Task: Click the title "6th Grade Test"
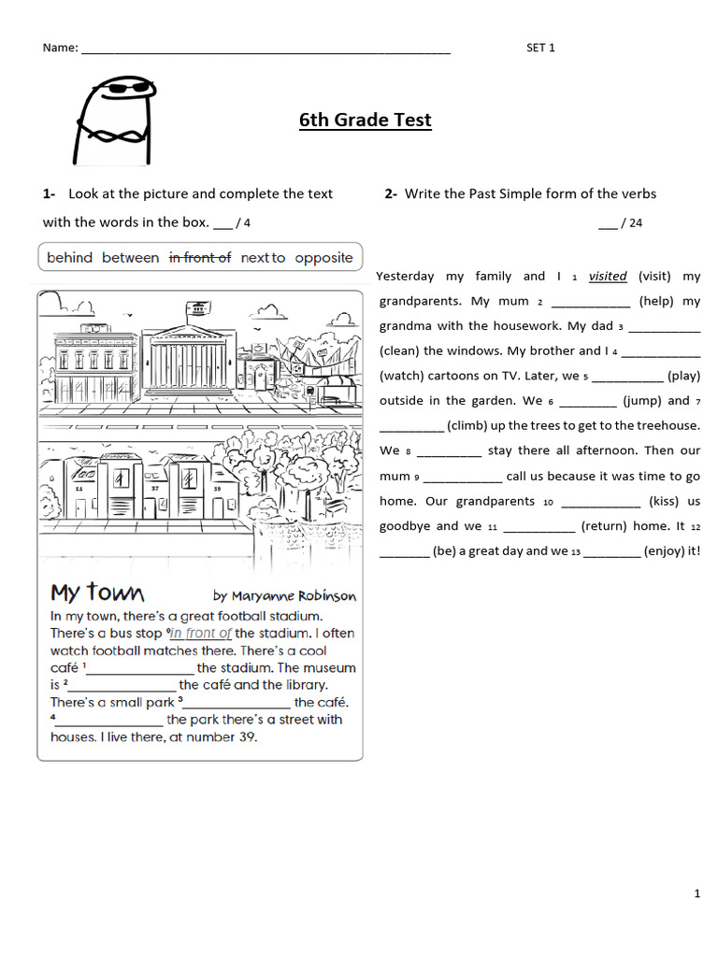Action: (366, 120)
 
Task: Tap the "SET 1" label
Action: (540, 49)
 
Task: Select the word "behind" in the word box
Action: (69, 258)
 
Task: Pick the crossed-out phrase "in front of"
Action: (199, 258)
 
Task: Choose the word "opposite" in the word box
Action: (323, 258)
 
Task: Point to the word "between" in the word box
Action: (130, 258)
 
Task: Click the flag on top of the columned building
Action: (197, 307)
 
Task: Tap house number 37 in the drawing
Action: (154, 489)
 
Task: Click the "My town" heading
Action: (97, 593)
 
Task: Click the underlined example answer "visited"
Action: (608, 277)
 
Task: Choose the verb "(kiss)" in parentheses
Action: (664, 501)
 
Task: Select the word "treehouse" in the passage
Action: (668, 426)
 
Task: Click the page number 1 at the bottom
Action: (696, 894)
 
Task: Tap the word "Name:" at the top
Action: (61, 49)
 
